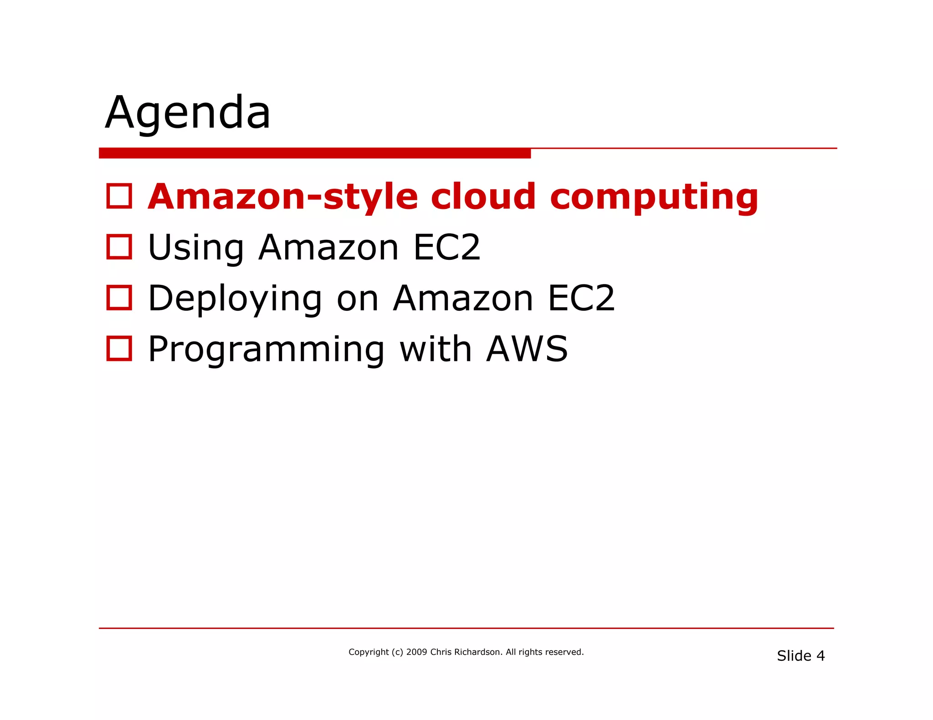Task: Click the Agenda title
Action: point(188,112)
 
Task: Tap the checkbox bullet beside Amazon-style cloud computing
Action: point(119,196)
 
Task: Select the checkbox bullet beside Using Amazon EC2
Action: point(119,247)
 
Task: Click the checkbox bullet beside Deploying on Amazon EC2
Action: point(119,298)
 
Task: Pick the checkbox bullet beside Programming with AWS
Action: point(119,349)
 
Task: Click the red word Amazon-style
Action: point(283,197)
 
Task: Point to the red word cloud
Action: point(483,197)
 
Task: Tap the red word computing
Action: point(654,198)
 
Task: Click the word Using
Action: point(196,248)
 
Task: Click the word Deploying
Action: point(235,299)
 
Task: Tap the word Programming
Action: point(267,350)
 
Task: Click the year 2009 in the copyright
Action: point(416,652)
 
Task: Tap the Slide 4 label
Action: point(800,656)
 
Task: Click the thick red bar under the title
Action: point(314,153)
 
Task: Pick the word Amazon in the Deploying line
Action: point(463,299)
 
